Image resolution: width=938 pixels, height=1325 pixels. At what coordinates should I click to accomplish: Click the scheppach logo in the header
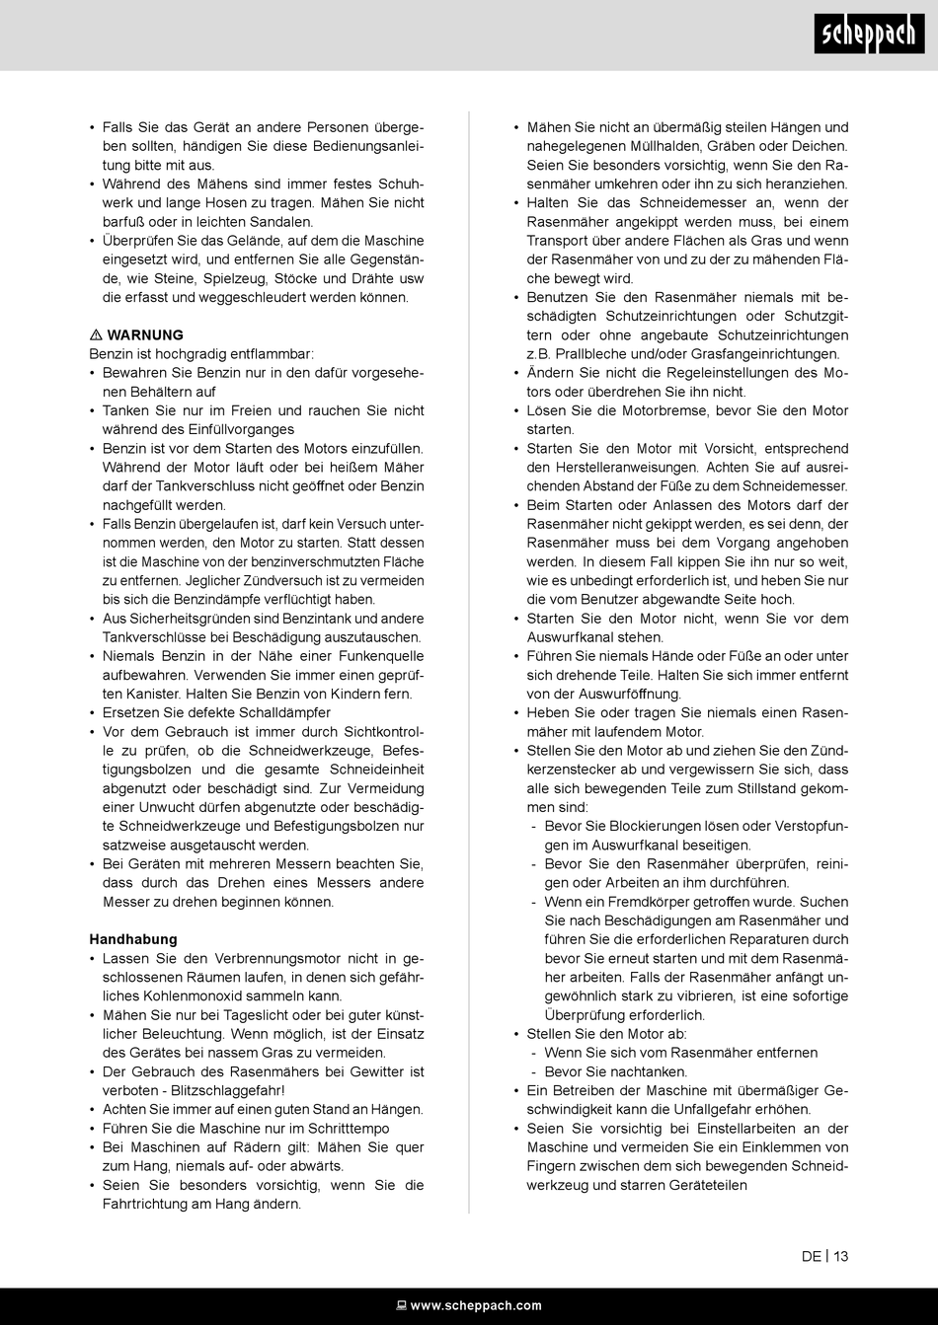[x=870, y=36]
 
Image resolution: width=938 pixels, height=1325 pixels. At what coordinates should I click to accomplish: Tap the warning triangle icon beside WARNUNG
[x=96, y=335]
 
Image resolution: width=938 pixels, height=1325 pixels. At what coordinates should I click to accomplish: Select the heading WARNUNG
[x=145, y=335]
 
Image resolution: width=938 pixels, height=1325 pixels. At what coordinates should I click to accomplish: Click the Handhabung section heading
[x=133, y=939]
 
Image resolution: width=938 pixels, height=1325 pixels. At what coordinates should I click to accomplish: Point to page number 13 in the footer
[x=840, y=1256]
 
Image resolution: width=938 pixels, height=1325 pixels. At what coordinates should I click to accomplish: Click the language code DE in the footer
[x=811, y=1256]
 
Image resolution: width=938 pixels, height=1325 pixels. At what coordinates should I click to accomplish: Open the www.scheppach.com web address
[x=476, y=1306]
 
